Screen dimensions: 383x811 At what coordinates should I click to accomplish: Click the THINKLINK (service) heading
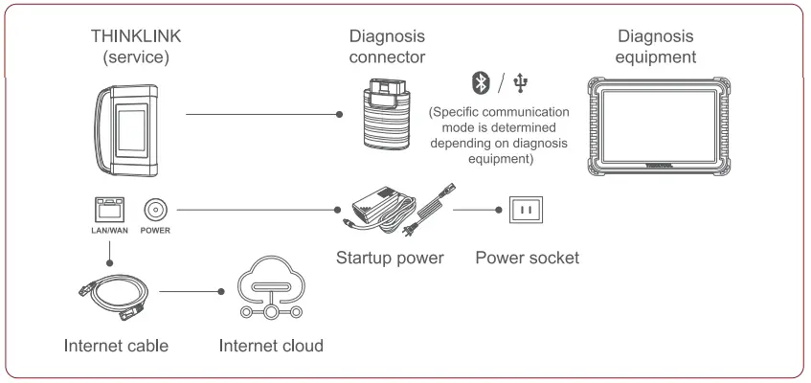pos(136,47)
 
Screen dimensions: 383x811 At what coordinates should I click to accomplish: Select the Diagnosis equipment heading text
pos(656,47)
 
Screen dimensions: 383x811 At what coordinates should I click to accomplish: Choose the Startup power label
pos(390,258)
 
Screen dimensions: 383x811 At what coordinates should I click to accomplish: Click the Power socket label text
pos(527,258)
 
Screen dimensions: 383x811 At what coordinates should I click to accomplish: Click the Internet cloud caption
pos(271,345)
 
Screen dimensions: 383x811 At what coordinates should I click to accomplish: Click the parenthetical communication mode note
pos(499,135)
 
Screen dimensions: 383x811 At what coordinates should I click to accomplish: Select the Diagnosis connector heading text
pos(389,47)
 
